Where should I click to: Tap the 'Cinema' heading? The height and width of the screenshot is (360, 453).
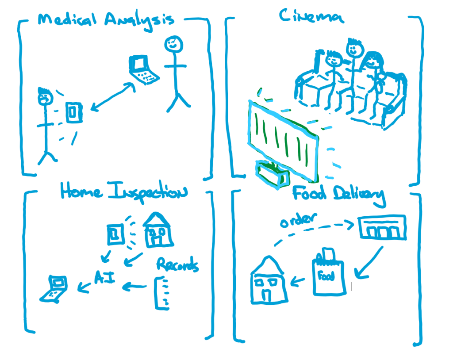[x=312, y=16]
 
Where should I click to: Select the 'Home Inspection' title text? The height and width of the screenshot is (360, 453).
[x=124, y=192]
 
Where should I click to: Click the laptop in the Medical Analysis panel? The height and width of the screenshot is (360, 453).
[x=142, y=70]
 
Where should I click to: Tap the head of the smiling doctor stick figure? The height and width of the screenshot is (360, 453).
[x=173, y=44]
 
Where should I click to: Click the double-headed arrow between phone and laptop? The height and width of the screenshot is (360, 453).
[x=113, y=96]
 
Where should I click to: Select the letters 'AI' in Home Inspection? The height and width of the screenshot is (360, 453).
[x=105, y=278]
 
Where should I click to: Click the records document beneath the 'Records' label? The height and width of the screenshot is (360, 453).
[x=162, y=292]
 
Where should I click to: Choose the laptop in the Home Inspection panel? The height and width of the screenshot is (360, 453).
[x=54, y=289]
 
